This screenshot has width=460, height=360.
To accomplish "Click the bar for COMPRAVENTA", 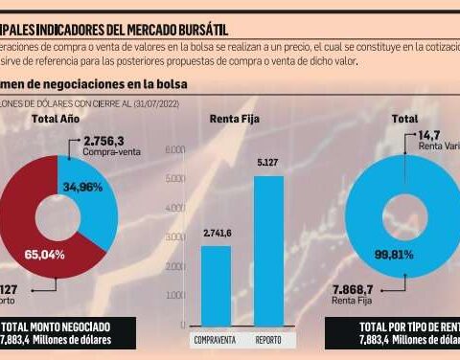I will (216, 287).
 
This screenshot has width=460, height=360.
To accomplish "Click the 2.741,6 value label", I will (216, 233).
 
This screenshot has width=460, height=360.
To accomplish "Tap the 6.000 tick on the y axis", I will (173, 151).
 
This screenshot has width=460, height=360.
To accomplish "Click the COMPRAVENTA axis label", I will (216, 340).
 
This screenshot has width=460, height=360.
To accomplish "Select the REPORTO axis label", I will (268, 340).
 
